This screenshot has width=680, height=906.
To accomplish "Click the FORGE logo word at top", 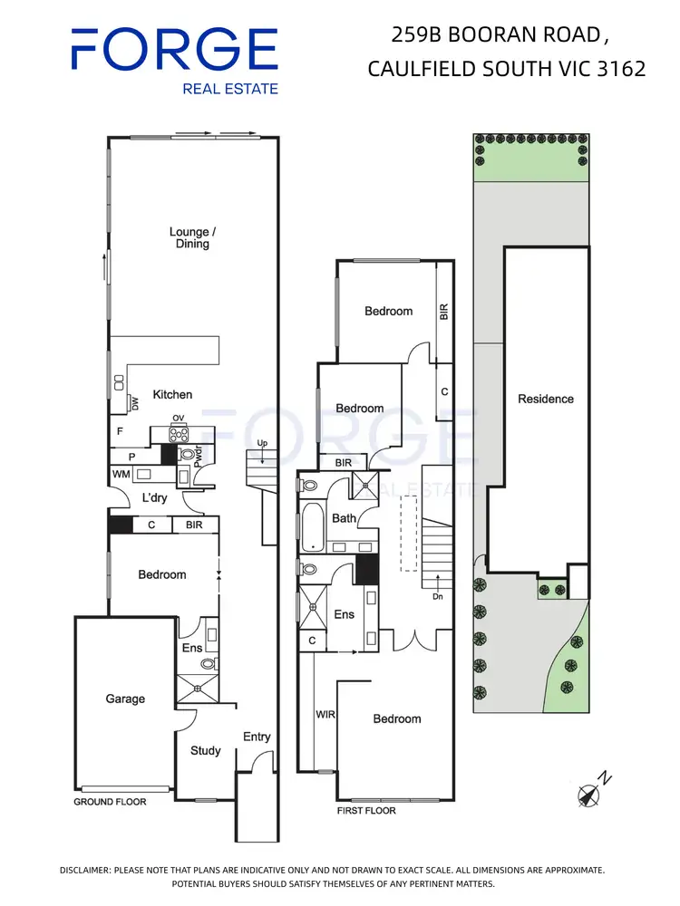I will [174, 49].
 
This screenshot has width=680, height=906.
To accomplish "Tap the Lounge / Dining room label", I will [189, 237].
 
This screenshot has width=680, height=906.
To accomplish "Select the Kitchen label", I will [172, 394].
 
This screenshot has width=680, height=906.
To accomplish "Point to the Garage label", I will [125, 699].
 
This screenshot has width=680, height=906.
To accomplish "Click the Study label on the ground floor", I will [205, 750].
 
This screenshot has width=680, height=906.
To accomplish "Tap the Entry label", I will [257, 737].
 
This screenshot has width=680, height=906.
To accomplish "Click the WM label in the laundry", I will [121, 474].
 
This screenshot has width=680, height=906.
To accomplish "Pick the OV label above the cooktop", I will [180, 418].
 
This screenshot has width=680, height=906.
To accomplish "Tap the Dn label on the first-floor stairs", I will [437, 596].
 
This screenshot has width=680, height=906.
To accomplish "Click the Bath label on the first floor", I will [344, 519].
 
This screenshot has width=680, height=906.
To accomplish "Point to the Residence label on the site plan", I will [546, 399].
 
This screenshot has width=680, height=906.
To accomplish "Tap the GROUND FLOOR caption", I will [110, 802].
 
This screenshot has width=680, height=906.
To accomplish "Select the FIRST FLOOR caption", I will [366, 810].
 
